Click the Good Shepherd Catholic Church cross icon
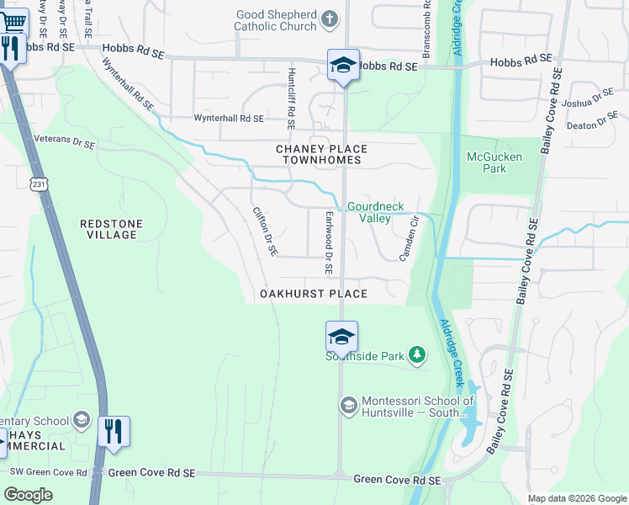(x=330, y=18)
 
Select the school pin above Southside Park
(x=341, y=337)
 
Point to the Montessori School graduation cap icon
(x=348, y=407)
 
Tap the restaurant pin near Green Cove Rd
(x=114, y=431)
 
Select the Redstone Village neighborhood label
(x=111, y=229)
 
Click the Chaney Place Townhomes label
(x=322, y=154)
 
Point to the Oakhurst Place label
(x=314, y=294)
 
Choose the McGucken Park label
(x=494, y=162)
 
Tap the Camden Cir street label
(x=409, y=239)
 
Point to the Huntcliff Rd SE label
(x=291, y=98)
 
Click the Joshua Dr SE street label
(x=589, y=98)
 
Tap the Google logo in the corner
(x=29, y=495)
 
